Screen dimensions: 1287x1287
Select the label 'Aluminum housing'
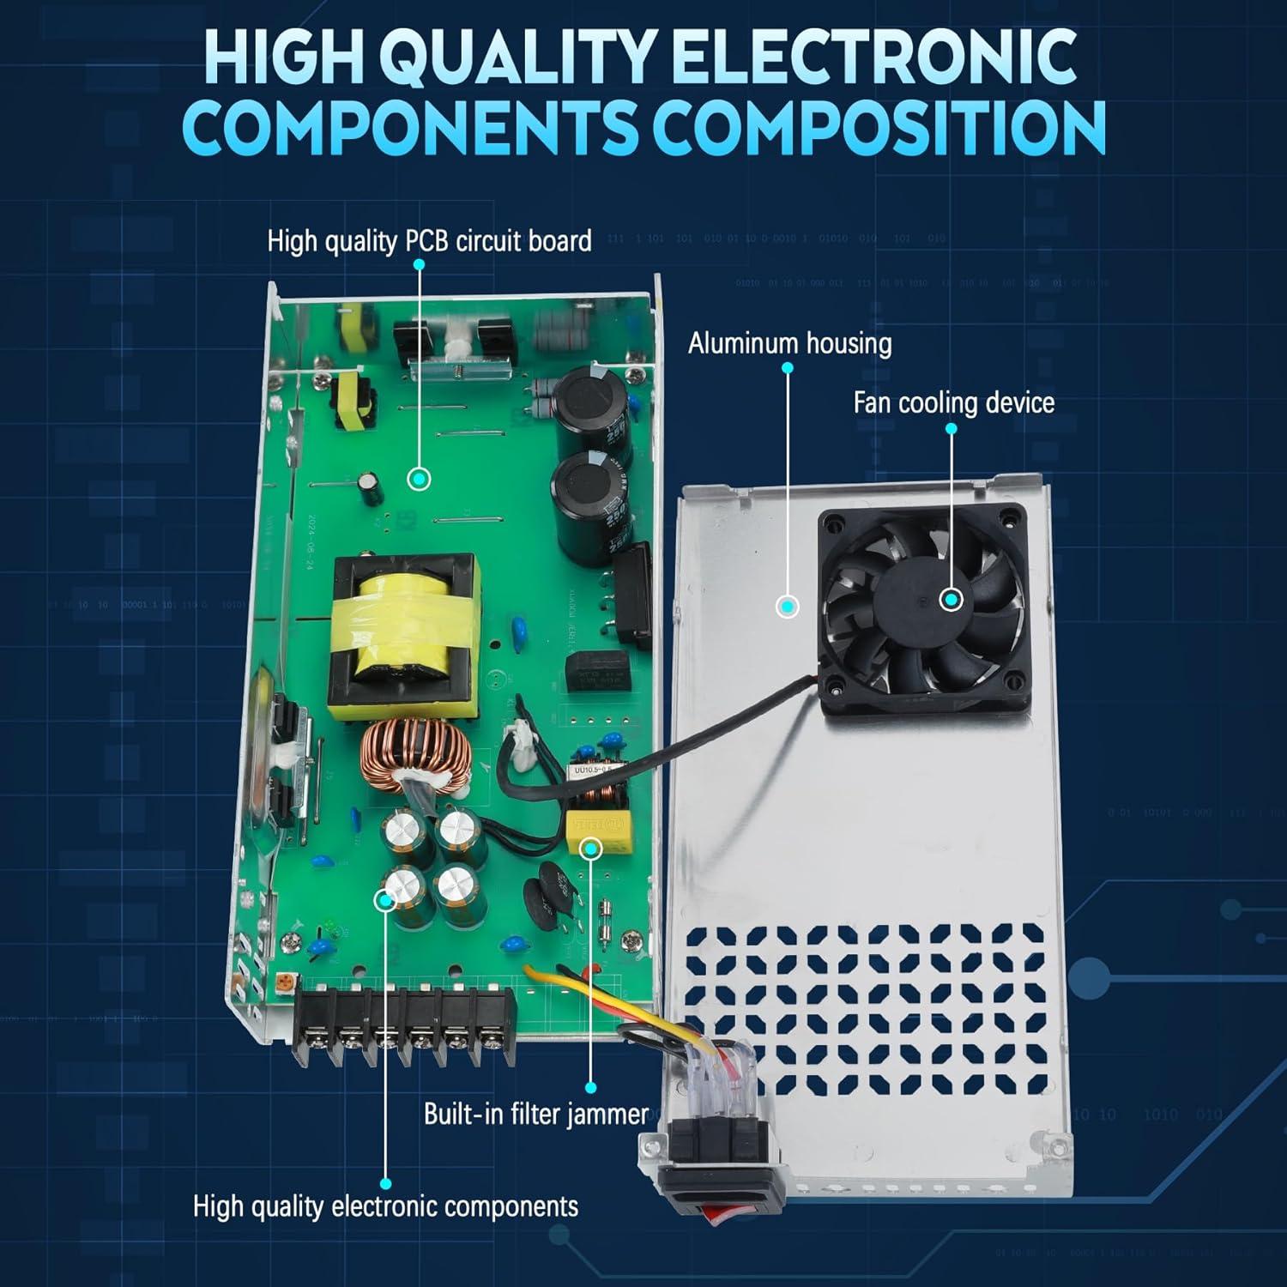pos(789,343)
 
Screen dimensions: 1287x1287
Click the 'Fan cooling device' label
pos(953,402)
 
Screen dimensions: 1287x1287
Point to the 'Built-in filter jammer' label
pos(536,1114)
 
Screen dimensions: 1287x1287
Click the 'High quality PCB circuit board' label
pos(429,241)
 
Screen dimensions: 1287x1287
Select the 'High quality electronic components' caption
pos(385,1205)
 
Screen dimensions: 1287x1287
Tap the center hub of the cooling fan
pos(951,600)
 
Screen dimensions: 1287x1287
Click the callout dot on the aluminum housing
pos(787,607)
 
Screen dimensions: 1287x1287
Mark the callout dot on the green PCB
pos(418,479)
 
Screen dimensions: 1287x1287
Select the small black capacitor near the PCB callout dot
pos(371,486)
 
